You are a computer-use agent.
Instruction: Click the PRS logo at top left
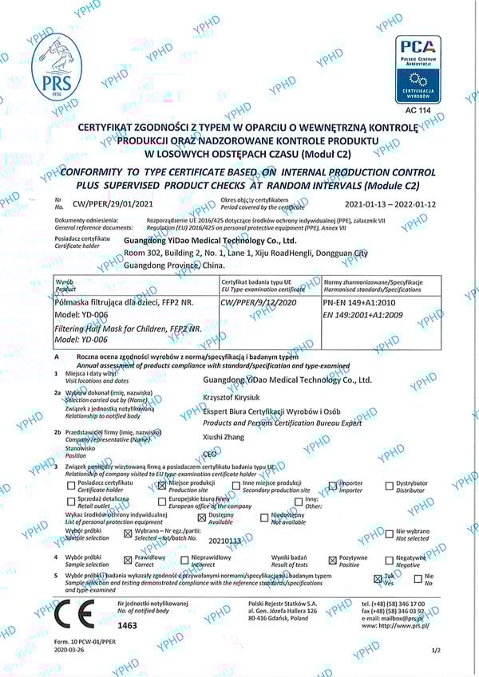[x=56, y=67]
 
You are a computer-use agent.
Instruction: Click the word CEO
[x=212, y=453]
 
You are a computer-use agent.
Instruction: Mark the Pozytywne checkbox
[x=333, y=560]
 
